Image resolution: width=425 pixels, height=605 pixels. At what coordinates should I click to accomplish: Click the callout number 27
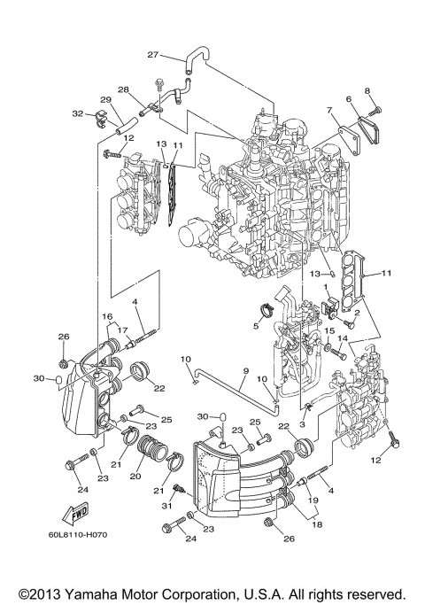pyautogui.click(x=152, y=55)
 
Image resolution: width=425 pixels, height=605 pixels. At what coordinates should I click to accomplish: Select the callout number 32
pyautogui.click(x=78, y=114)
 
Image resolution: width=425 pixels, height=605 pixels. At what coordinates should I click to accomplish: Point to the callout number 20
pyautogui.click(x=135, y=475)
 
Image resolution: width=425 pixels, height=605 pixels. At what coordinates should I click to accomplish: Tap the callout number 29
pyautogui.click(x=105, y=99)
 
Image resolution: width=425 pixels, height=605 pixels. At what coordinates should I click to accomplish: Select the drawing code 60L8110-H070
pyautogui.click(x=79, y=536)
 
